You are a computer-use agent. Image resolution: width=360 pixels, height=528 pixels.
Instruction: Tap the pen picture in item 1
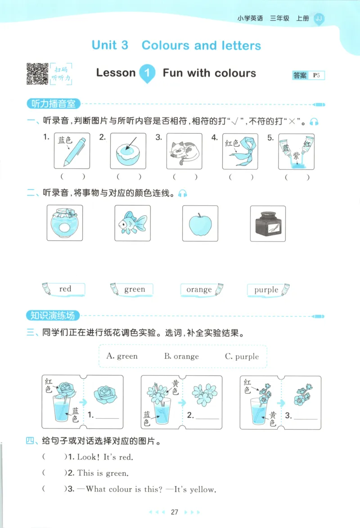point(72,151)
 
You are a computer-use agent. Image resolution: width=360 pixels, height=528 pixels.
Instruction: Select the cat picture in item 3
point(184,151)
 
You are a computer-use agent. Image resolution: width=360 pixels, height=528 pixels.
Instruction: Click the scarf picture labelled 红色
point(240,151)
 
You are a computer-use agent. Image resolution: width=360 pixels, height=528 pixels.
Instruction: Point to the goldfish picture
point(132,223)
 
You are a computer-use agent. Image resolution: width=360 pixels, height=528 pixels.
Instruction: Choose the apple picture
point(200,223)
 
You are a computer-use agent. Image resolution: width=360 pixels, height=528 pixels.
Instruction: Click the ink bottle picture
point(267,223)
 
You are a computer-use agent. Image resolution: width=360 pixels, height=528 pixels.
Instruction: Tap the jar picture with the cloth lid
point(65,223)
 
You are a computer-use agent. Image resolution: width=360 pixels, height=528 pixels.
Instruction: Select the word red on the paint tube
point(65,289)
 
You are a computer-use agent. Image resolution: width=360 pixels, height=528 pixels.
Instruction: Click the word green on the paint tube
point(135,289)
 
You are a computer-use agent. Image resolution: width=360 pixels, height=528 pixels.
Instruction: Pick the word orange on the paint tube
point(199,290)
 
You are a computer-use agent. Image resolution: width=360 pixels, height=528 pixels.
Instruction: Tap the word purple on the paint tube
point(266,290)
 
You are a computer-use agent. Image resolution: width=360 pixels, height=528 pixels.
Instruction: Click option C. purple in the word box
point(242,357)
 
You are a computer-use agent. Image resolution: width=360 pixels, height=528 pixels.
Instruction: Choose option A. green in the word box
point(122,356)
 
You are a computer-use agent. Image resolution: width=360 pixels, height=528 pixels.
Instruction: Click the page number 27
point(175,512)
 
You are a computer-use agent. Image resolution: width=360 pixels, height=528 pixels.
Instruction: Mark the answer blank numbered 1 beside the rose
point(107,416)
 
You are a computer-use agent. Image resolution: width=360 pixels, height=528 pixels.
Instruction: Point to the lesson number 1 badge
point(147,73)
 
